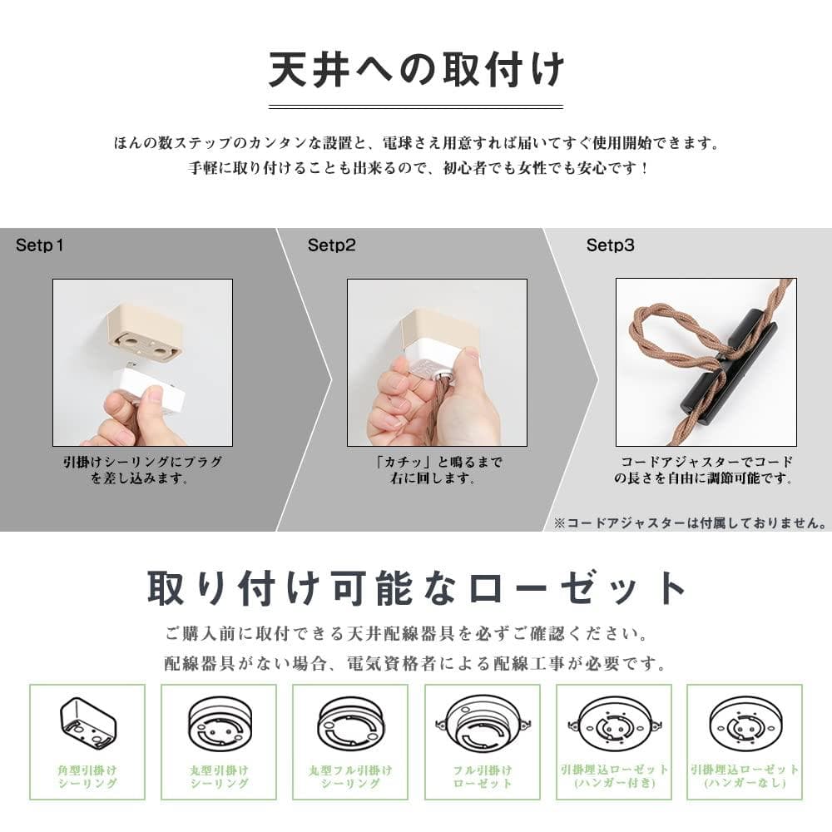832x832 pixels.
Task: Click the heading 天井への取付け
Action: (416, 70)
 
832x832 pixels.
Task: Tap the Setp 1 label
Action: (39, 245)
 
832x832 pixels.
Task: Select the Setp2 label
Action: (332, 245)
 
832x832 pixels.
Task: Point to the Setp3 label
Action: (610, 245)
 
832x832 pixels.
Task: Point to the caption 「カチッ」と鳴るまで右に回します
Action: (438, 470)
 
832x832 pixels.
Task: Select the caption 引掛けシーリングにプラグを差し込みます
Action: (142, 470)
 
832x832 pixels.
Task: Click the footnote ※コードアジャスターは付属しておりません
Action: (691, 523)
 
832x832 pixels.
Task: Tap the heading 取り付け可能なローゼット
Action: (417, 588)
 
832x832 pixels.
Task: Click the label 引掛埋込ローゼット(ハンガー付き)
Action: (615, 776)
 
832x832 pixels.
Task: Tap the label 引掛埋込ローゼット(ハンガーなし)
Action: (745, 776)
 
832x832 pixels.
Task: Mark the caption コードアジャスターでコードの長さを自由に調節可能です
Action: (706, 470)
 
